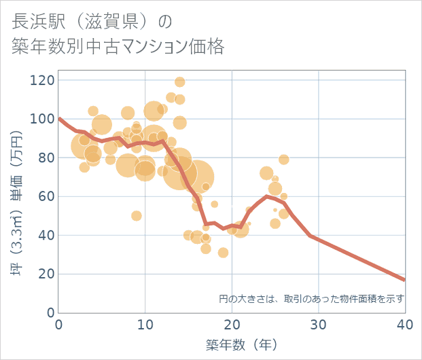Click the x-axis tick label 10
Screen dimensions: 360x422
pyautogui.click(x=145, y=324)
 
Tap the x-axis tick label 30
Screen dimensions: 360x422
pyautogui.click(x=318, y=324)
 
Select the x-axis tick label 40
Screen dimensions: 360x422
pyautogui.click(x=404, y=324)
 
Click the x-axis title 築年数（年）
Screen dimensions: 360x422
pyautogui.click(x=232, y=344)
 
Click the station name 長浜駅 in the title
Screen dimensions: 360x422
pyautogui.click(x=39, y=21)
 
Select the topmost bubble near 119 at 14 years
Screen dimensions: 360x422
pyautogui.click(x=180, y=82)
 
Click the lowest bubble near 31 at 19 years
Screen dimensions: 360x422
pyautogui.click(x=223, y=253)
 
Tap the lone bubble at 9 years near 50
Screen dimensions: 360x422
pyautogui.click(x=137, y=216)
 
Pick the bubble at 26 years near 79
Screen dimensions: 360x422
pyautogui.click(x=284, y=160)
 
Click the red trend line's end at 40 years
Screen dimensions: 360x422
pyautogui.click(x=404, y=280)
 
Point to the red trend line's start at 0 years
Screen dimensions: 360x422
pyautogui.click(x=60, y=119)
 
